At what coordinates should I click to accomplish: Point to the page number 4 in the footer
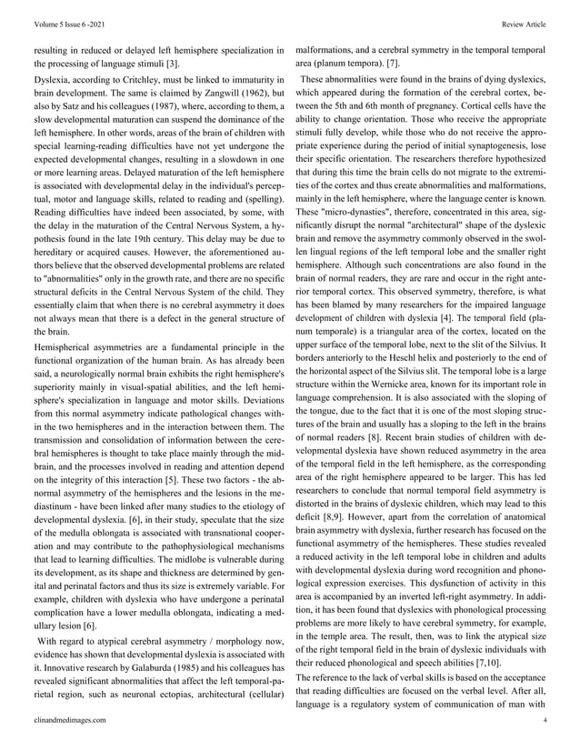click(544, 719)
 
